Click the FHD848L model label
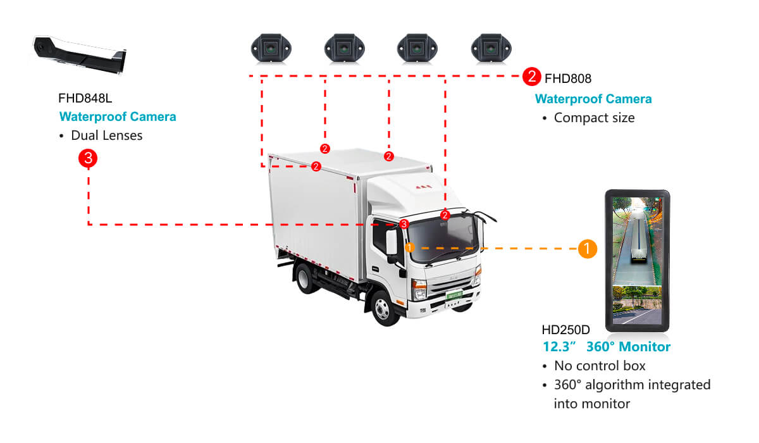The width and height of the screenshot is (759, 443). pyautogui.click(x=85, y=98)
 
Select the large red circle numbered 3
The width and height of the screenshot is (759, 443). pyautogui.click(x=87, y=158)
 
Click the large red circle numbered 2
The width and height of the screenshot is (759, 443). pyautogui.click(x=531, y=77)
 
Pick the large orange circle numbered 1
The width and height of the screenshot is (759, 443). pyautogui.click(x=588, y=249)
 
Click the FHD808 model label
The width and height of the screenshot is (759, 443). pyautogui.click(x=568, y=78)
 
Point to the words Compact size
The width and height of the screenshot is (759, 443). pyautogui.click(x=594, y=118)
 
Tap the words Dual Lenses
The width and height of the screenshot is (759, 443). pyautogui.click(x=106, y=135)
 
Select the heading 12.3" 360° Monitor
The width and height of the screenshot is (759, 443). pyautogui.click(x=607, y=347)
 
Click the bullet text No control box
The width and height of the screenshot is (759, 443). pyautogui.click(x=600, y=366)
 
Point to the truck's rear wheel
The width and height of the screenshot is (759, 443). pyautogui.click(x=307, y=278)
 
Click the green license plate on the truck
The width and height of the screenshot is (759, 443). pyautogui.click(x=454, y=294)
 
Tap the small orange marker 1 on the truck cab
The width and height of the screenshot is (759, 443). pyautogui.click(x=410, y=247)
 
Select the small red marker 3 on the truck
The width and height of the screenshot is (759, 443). pyautogui.click(x=404, y=224)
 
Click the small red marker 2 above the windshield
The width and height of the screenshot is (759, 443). pyautogui.click(x=445, y=215)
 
